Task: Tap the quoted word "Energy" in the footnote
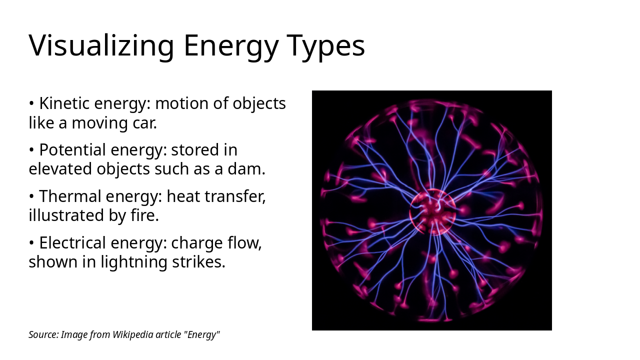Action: click(x=202, y=334)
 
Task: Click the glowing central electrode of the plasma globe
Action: click(x=432, y=212)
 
